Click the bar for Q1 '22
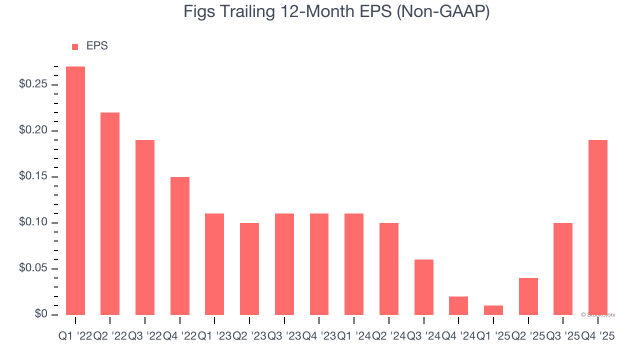(75, 190)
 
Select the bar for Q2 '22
(110, 213)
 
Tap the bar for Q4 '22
(180, 245)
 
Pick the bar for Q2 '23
(249, 268)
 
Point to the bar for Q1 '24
(354, 264)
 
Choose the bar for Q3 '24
(424, 287)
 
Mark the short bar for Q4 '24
(458, 305)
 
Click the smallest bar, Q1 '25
(493, 310)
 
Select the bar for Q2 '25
(528, 296)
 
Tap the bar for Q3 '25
(563, 268)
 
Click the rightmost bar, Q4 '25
(598, 227)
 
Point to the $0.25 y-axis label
(33, 84)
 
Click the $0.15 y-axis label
(33, 177)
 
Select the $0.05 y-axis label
(33, 269)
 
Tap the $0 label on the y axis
(41, 314)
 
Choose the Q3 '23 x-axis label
(284, 337)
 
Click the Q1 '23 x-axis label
(214, 337)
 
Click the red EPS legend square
(75, 46)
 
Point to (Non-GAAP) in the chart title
(442, 12)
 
